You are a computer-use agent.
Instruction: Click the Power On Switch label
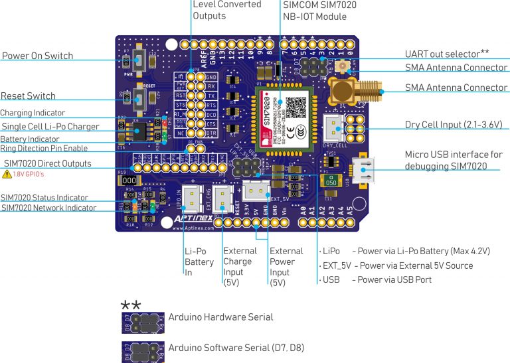(x=37, y=56)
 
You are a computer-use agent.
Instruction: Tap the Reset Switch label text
(x=28, y=96)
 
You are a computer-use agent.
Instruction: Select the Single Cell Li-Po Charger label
(x=50, y=126)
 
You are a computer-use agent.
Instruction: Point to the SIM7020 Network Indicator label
(x=48, y=208)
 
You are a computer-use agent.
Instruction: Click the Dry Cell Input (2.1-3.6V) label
(x=454, y=125)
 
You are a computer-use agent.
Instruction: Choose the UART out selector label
(x=442, y=54)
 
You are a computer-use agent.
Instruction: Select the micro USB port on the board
(x=365, y=171)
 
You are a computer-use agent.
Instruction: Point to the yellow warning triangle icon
(x=7, y=175)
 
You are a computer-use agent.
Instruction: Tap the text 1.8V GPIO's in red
(x=30, y=175)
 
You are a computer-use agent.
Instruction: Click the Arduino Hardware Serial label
(x=220, y=317)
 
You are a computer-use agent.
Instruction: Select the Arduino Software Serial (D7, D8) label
(x=236, y=347)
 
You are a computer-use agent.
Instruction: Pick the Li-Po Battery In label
(x=199, y=262)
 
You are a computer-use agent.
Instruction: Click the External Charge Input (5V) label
(x=240, y=266)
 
